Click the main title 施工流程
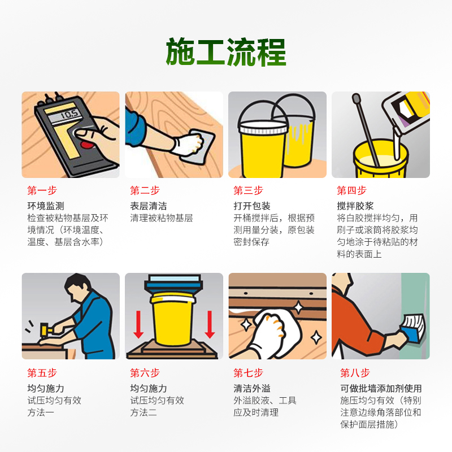[x=226, y=52]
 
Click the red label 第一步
[x=42, y=190]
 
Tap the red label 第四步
[x=351, y=190]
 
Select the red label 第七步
[x=248, y=373]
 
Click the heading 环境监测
[x=46, y=206]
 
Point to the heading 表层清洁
[x=149, y=206]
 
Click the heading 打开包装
[x=252, y=206]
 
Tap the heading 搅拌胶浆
[x=355, y=206]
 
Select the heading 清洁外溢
[x=252, y=388]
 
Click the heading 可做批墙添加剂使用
[x=381, y=388]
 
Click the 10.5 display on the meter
[x=69, y=115]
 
